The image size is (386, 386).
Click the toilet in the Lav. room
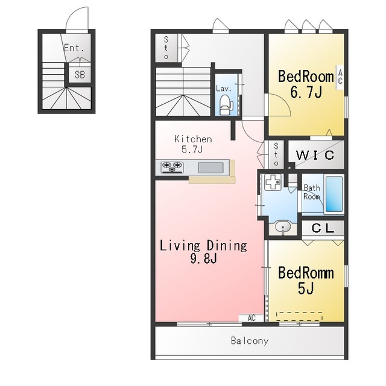click(x=226, y=105)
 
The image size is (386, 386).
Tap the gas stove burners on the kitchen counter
click(x=172, y=167)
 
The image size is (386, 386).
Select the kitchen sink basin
click(x=210, y=168)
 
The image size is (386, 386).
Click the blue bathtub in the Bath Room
click(x=334, y=194)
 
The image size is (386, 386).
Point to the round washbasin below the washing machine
click(x=283, y=227)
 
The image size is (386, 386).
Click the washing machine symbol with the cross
click(x=273, y=182)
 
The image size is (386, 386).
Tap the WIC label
click(x=315, y=155)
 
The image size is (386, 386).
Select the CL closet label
click(x=323, y=228)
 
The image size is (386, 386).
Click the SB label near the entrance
click(x=80, y=75)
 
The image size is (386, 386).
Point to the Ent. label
click(x=74, y=48)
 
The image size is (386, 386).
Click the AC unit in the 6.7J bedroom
click(x=340, y=77)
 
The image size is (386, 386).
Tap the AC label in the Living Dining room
click(x=252, y=318)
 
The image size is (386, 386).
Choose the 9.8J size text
click(x=204, y=259)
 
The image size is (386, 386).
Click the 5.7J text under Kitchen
click(x=192, y=150)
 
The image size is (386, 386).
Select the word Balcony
click(x=250, y=341)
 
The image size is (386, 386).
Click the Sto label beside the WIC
click(x=276, y=154)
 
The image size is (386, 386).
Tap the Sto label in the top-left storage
click(x=166, y=48)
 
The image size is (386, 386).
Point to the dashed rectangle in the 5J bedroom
click(x=299, y=316)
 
